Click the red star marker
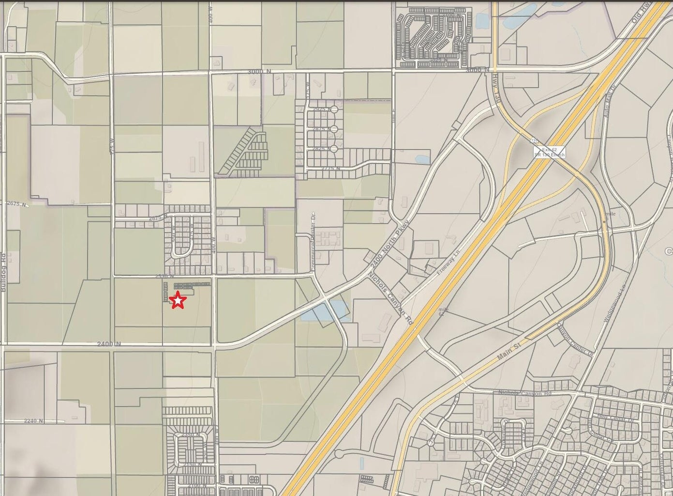178,300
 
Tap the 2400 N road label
109,344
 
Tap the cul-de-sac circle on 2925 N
333,110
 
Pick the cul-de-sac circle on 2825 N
333,149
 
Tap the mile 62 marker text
443,311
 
